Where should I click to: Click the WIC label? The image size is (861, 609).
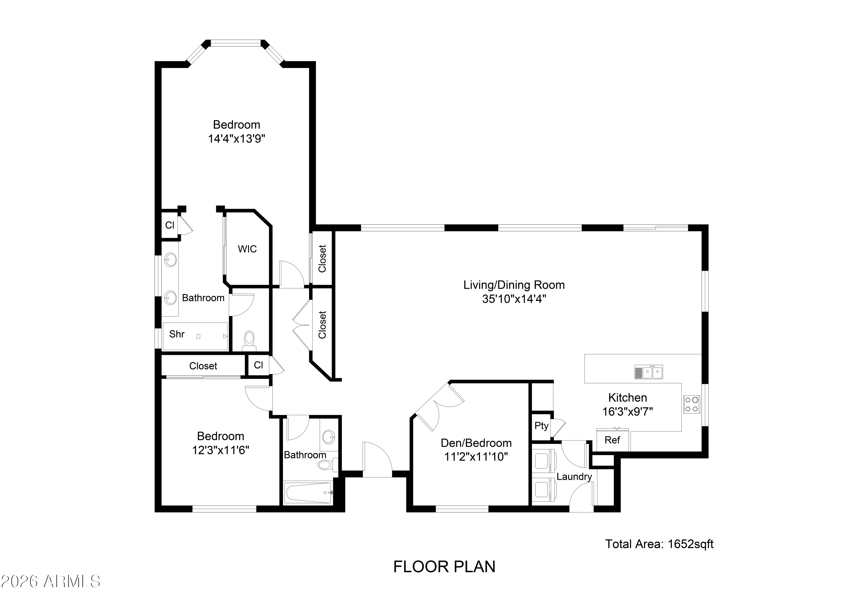pos(247,249)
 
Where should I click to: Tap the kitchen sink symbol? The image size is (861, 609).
pos(648,372)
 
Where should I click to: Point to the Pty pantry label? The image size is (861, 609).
pos(541,426)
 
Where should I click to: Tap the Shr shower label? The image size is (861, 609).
pos(177,334)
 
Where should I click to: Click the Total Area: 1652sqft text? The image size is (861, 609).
pos(659,544)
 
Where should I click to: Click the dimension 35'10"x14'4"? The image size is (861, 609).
pos(514,299)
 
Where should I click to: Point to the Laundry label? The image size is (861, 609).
pos(574,477)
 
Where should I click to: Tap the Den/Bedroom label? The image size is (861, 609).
pos(476,443)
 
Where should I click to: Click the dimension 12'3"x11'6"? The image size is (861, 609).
pos(220,450)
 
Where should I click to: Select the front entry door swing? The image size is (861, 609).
pos(377,460)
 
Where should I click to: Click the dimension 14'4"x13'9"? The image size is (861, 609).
pos(236,139)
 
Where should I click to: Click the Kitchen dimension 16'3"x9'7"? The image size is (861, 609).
pos(627,412)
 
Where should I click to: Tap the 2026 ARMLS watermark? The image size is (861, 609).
pos(51,582)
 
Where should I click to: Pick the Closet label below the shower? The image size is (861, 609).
pos(203,366)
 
